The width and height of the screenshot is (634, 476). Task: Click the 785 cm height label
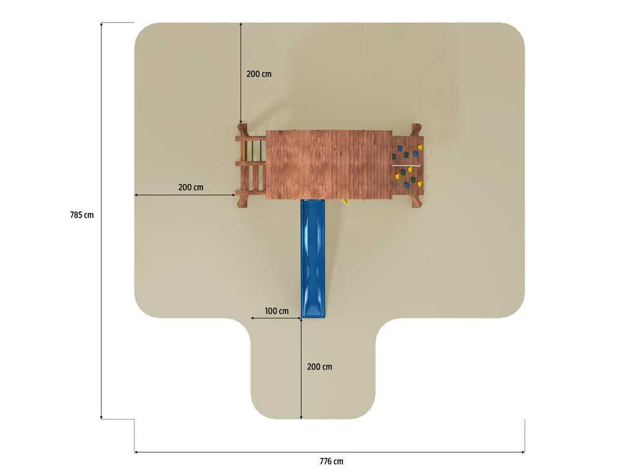tap(82, 215)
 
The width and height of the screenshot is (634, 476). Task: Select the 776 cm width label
tap(331, 461)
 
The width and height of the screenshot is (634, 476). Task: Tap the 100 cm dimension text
tap(277, 311)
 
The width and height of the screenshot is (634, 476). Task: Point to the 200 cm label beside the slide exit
tap(319, 367)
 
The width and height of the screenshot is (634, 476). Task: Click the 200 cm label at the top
tap(259, 74)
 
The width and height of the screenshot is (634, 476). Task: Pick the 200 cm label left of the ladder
tap(191, 187)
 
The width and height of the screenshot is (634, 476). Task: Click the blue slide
tap(313, 258)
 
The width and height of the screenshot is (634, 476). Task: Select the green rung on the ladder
tap(253, 151)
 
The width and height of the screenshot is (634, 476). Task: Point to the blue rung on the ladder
tap(261, 151)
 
